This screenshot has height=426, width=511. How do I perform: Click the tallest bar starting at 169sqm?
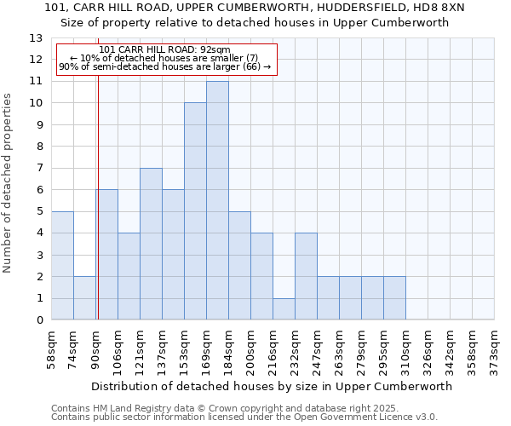[x=217, y=200]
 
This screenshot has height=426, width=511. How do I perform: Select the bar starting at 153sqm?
[x=195, y=211]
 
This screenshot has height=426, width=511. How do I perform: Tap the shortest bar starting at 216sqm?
[x=284, y=308]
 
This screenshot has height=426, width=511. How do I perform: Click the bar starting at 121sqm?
[x=151, y=244]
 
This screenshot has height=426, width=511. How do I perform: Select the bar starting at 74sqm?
[x=84, y=298]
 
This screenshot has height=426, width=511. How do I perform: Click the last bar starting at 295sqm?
[x=394, y=298]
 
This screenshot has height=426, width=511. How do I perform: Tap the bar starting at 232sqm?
[x=306, y=276]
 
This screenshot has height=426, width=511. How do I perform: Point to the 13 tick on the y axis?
[x=37, y=38]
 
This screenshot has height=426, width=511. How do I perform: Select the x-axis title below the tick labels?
[x=273, y=386]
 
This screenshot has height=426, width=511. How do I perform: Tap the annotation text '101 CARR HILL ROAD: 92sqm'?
[x=165, y=49]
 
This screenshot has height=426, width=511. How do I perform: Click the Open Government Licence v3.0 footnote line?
[x=244, y=417]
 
